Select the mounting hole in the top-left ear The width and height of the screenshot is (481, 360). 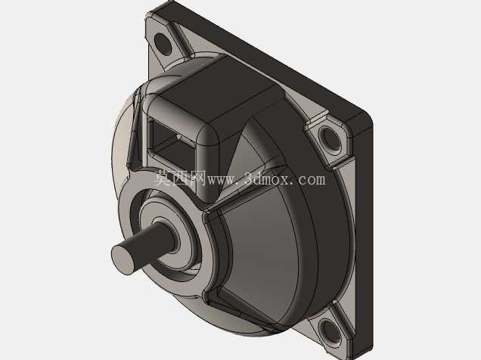pos(163,44)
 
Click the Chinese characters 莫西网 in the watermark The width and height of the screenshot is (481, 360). pos(179,178)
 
